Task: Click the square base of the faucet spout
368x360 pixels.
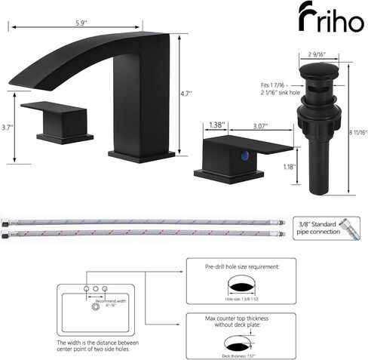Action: (x=141, y=155)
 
